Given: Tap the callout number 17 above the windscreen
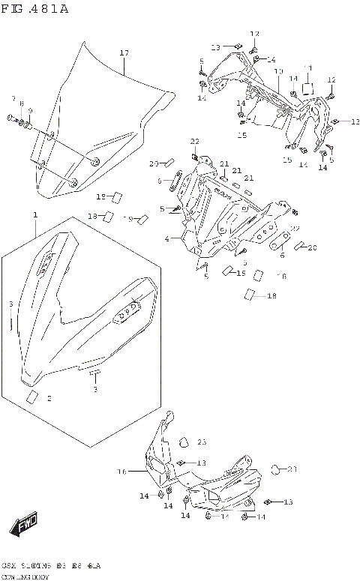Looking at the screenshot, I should pos(124,52).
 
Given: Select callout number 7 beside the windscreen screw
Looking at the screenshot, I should pos(13,99).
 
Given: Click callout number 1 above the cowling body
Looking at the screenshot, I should pos(34,215).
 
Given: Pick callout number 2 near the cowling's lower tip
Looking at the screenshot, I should pos(49,399).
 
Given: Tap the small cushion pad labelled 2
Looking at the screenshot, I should pos(31,397).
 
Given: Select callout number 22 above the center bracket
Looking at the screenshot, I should pos(194,141).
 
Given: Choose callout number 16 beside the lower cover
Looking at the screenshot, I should pos(121,472).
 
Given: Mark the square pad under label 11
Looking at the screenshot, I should pos(307,87).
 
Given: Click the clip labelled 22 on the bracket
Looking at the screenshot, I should pos(199,157).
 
